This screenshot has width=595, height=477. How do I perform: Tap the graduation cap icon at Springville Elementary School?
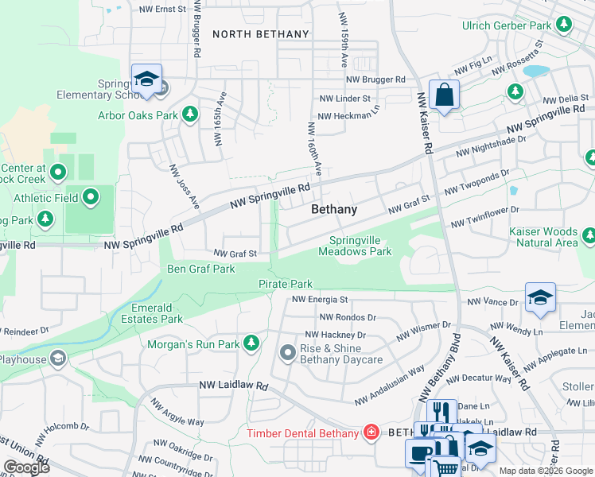pos(146,79)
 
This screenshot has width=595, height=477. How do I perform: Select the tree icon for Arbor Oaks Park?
pos(190,115)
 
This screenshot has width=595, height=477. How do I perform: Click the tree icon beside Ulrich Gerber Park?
pos(563,25)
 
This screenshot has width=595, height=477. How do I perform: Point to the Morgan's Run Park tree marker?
pos(251,343)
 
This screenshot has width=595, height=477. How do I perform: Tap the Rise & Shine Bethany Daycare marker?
pos(288,351)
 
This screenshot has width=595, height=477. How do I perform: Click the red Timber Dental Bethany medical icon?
pos(370,432)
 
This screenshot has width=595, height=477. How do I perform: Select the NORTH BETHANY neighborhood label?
pos(260,34)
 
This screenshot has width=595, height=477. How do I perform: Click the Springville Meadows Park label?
pos(355,246)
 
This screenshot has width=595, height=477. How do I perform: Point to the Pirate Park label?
pos(285,284)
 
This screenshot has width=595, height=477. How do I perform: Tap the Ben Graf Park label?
pos(200,269)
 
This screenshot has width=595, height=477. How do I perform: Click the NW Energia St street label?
pos(320,300)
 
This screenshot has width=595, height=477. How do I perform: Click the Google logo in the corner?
pos(26,467)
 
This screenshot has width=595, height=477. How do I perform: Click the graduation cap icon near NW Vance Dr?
pos(540,298)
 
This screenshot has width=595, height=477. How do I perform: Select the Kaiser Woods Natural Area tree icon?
pos(588,235)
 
